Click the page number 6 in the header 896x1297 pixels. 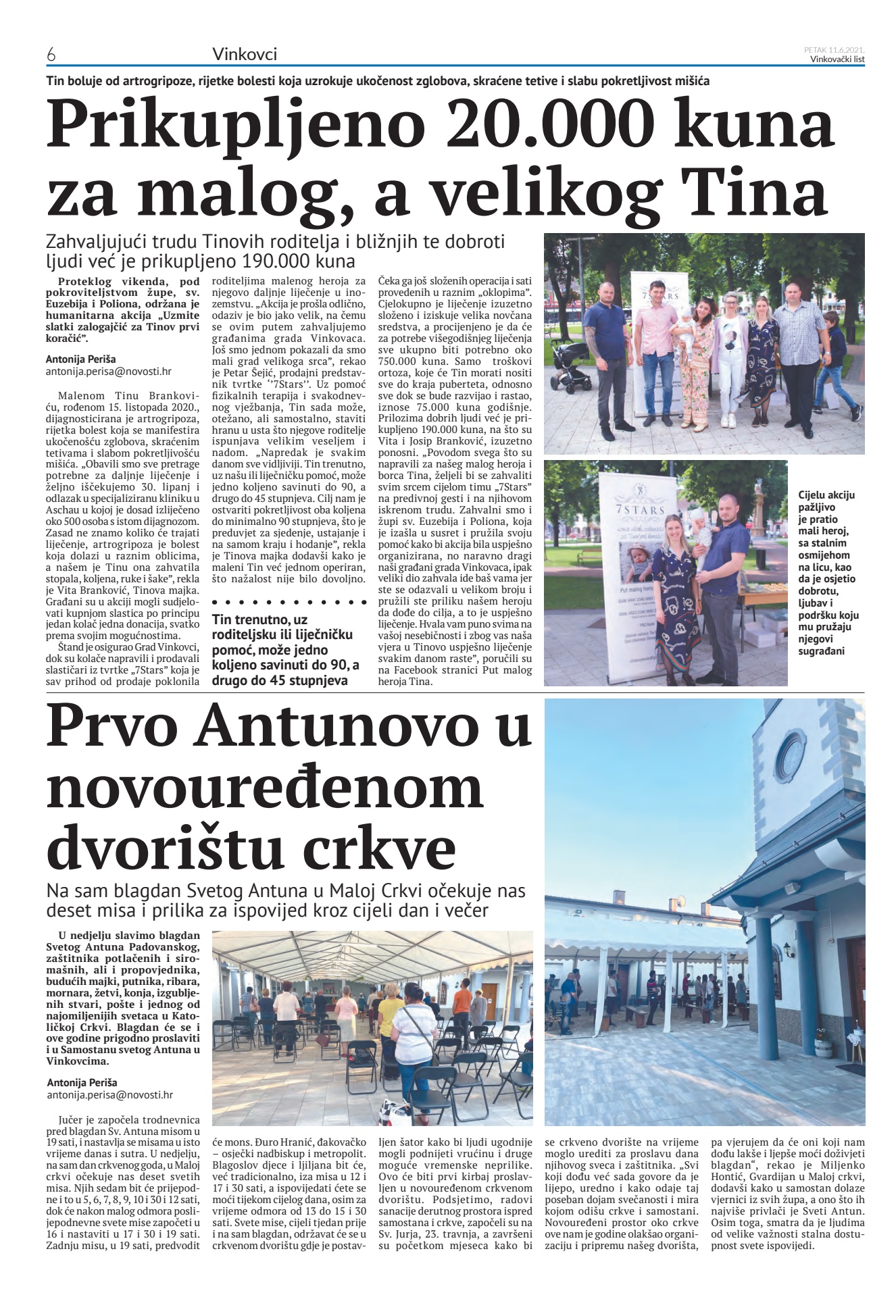[51, 55]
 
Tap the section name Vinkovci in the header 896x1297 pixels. [244, 54]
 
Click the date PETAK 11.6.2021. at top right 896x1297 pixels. [834, 49]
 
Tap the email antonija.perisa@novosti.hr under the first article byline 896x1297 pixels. [108, 372]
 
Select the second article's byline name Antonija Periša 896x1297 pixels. [82, 1083]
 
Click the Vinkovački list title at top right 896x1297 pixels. [837, 59]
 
